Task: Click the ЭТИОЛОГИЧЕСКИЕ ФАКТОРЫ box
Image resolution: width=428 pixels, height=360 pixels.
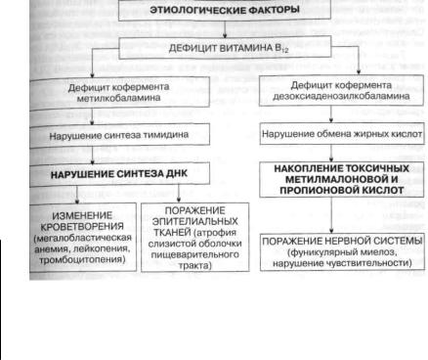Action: point(225,11)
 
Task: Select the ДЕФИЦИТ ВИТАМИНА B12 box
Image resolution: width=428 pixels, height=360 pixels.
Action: point(225,48)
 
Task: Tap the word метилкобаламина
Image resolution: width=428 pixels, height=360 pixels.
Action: point(118,98)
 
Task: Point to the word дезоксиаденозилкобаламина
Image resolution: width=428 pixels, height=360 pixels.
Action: point(341,96)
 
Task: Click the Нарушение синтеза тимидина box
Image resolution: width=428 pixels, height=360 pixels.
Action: point(119,135)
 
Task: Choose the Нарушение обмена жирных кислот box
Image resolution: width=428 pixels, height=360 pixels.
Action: point(342,134)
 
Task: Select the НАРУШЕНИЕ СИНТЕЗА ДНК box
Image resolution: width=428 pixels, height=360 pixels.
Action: point(119,174)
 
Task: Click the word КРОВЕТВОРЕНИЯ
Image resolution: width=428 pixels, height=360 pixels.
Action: point(82,226)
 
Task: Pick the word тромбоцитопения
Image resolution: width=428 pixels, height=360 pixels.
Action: point(82,259)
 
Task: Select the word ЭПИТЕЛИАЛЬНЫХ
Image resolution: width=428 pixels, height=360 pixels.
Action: point(194,221)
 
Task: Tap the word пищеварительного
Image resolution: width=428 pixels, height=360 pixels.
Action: point(194,254)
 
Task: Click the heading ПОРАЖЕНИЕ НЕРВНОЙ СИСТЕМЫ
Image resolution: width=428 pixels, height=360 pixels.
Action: point(342,241)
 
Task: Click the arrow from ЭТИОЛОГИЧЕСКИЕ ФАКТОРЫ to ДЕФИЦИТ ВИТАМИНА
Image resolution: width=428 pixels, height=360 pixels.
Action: point(225,29)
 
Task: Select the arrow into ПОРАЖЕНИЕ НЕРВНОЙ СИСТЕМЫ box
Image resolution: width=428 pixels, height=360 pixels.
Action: point(331,215)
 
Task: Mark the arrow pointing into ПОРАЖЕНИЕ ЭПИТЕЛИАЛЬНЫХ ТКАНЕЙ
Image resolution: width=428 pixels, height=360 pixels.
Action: point(179,194)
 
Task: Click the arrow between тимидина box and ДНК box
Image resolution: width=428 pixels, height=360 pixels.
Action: point(93,155)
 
